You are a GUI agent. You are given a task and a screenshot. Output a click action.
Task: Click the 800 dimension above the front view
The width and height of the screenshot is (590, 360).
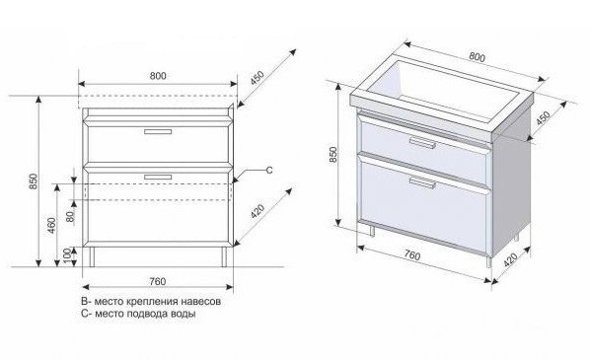(158, 76)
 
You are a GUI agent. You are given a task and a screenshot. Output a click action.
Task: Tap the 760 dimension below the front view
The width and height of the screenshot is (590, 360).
(157, 281)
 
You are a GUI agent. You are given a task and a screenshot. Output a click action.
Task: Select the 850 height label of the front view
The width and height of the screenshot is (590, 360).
(34, 181)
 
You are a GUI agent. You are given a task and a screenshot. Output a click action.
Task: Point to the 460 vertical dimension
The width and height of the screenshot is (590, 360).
(51, 225)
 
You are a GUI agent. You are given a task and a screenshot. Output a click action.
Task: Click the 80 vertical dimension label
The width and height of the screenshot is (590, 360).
(70, 216)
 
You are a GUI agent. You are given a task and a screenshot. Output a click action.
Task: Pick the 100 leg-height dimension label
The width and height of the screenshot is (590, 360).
(68, 256)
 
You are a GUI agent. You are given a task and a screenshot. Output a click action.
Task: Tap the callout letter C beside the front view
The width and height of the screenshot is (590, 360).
(269, 170)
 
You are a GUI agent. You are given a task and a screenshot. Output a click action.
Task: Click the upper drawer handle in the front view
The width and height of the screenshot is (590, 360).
(158, 131)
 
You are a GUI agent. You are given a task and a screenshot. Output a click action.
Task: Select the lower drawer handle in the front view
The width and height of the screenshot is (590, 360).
(158, 177)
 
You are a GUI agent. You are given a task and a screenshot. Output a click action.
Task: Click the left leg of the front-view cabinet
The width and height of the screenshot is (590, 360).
(92, 256)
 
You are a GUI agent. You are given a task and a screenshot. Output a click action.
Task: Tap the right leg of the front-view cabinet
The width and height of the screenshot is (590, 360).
(224, 256)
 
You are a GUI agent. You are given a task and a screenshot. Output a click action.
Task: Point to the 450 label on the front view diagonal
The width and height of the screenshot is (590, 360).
(258, 78)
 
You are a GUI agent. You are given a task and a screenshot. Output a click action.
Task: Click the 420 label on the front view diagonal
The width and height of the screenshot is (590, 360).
(258, 212)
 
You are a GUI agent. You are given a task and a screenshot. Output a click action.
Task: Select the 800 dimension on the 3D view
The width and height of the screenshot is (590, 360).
(478, 57)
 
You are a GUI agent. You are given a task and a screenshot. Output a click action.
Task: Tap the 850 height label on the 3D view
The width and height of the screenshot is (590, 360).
(333, 154)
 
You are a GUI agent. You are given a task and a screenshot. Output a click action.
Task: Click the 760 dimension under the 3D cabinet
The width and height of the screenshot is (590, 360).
(412, 255)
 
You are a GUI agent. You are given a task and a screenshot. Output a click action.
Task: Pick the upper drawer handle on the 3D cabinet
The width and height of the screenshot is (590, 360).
(422, 142)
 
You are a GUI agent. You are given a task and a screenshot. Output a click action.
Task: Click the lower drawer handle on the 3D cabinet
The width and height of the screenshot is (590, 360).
(422, 182)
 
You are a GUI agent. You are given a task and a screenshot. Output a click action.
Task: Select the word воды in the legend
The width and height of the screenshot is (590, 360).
(184, 314)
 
